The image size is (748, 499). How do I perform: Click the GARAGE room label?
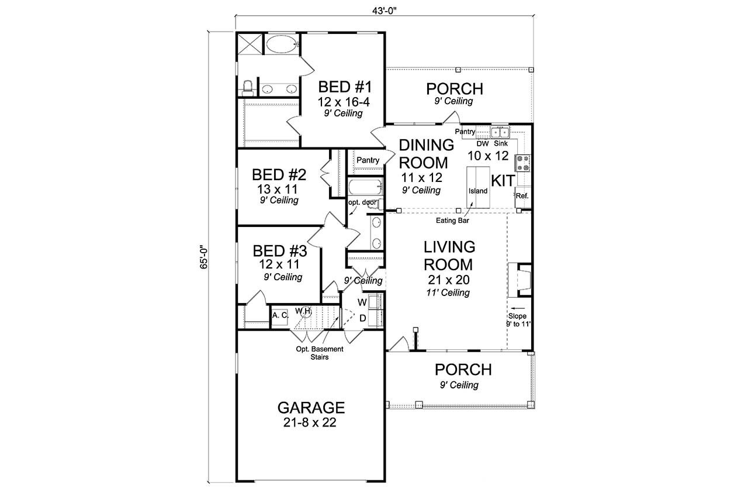pos(310,407)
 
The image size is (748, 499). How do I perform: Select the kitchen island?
pos(477,187)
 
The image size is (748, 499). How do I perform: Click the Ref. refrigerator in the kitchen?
pos(522,196)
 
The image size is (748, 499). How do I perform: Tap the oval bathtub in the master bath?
pos(282,44)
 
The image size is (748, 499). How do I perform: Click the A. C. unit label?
pos(279,315)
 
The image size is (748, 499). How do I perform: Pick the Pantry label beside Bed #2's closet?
pos(368,160)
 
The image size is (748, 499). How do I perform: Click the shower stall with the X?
pos(249,44)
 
